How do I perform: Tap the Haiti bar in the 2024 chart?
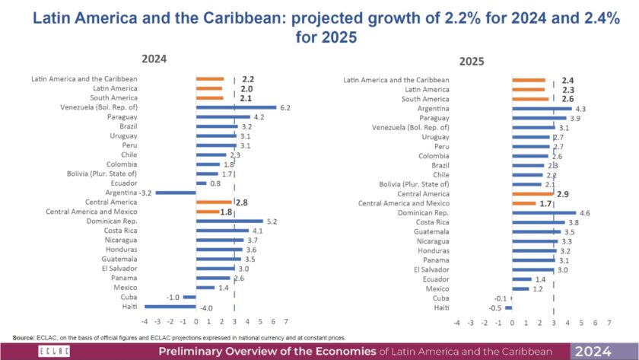[169, 307]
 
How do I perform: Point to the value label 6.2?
[285, 107]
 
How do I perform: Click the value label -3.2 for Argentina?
[144, 193]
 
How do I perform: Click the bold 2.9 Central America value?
[564, 194]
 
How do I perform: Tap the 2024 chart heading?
[153, 59]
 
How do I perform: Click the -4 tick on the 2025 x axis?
[456, 323]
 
